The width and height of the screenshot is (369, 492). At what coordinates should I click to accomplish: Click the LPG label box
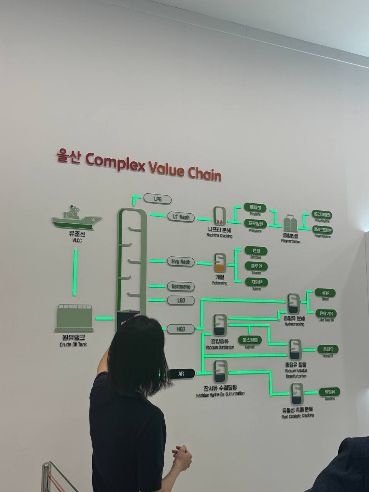[x=158, y=199]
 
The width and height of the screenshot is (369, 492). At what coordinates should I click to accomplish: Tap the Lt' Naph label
[x=181, y=217]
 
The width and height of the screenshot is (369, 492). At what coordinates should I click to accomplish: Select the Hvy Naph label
[x=181, y=262]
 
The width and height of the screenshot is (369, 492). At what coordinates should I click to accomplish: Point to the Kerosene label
[x=181, y=287]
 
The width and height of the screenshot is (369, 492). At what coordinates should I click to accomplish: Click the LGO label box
[x=181, y=300]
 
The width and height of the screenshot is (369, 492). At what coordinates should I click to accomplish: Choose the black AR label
[x=181, y=373]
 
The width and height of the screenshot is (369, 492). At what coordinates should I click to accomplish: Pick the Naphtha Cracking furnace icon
[x=219, y=216]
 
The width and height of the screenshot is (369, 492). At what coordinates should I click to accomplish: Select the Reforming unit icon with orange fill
[x=219, y=264]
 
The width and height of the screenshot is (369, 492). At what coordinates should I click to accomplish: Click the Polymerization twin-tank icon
[x=291, y=223]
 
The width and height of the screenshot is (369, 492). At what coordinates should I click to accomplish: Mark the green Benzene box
[x=256, y=251]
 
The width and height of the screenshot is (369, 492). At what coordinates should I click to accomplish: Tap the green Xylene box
[x=256, y=282]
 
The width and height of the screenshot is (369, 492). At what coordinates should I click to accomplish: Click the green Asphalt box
[x=250, y=340]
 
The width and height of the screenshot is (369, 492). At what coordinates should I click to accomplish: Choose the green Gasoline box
[x=329, y=392]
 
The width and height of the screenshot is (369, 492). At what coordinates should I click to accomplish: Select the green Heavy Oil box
[x=328, y=349]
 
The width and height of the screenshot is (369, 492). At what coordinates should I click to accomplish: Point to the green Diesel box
[x=325, y=293]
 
